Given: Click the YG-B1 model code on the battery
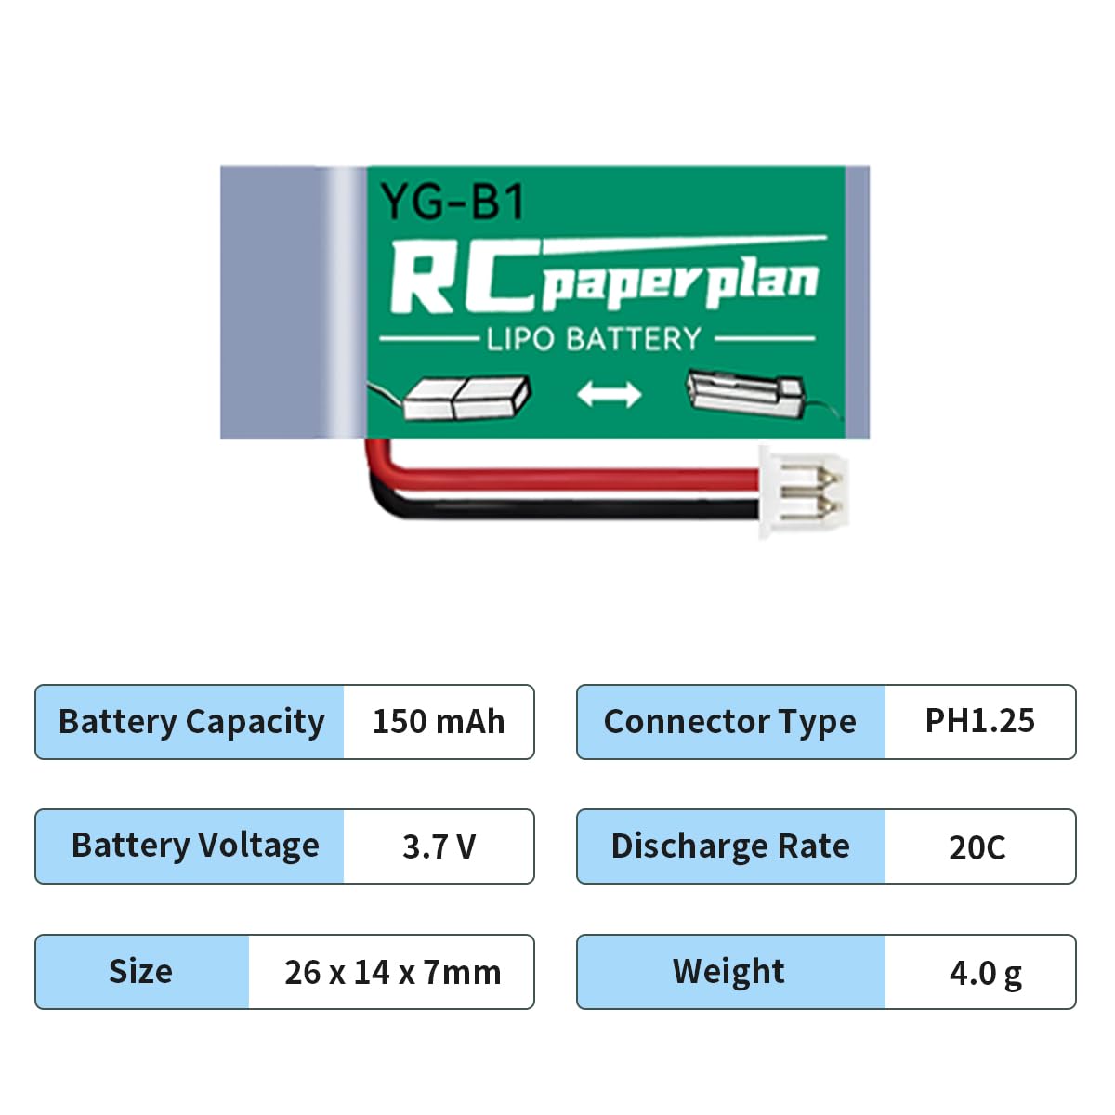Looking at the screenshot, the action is coord(453,202).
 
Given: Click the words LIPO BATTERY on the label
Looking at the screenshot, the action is coord(594,339).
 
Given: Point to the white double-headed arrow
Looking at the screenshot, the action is coord(610,394).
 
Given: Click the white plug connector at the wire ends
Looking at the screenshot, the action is coord(803,492).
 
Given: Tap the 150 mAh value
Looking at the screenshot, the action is coord(439,722).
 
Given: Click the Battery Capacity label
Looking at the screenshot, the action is coord(191,722).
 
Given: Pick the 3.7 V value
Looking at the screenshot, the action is coord(439,846).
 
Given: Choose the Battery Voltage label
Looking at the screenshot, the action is coord(195,846).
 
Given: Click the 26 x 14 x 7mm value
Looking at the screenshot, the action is coord(392,972).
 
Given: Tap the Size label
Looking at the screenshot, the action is coord(140,971).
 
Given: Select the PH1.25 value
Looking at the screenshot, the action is coord(979,720).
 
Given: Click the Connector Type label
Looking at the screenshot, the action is coord(729,722).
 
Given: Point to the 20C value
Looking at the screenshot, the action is coord(977,847).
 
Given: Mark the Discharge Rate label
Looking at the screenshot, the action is coord(730,846).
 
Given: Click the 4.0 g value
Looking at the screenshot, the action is coord(986,974).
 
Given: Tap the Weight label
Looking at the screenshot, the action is coord(728,972).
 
